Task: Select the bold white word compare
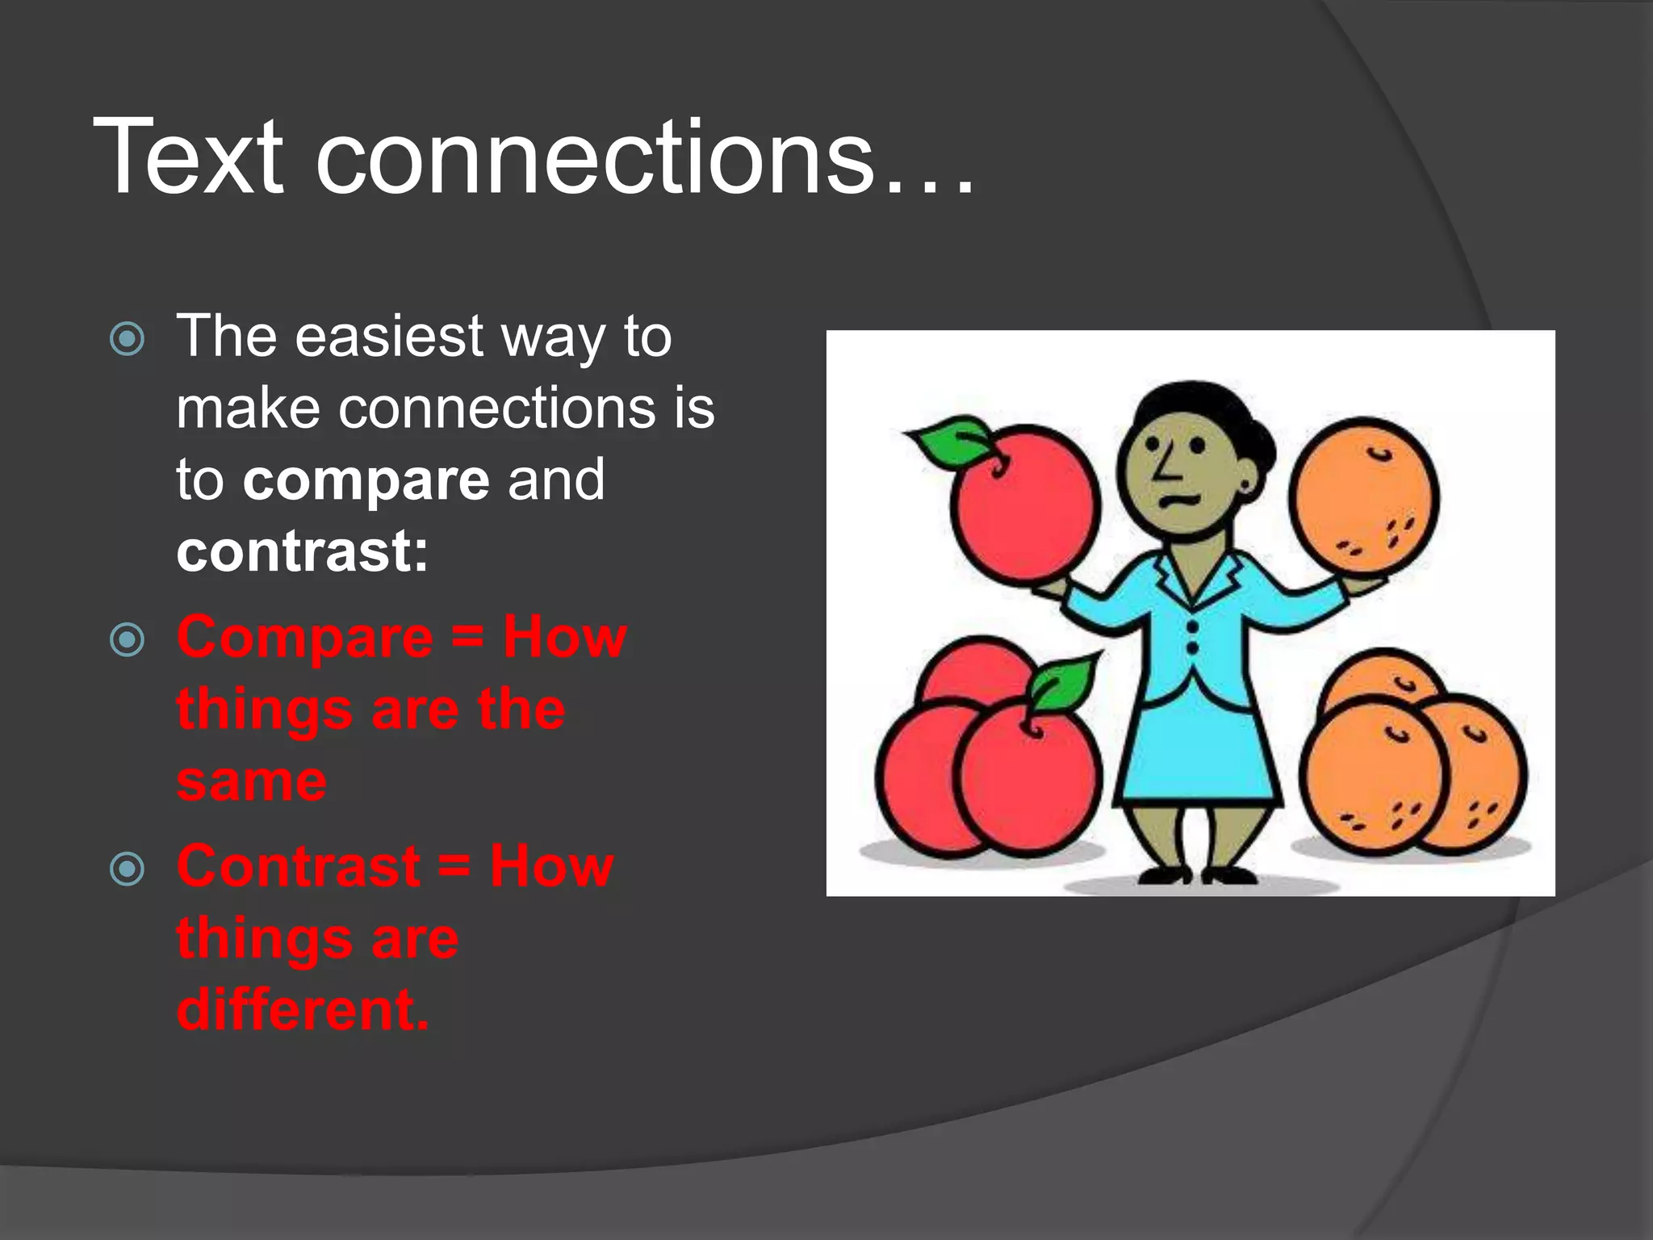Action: (x=366, y=480)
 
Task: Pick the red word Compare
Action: (x=305, y=638)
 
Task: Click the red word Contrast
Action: (x=299, y=866)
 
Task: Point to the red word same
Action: (x=252, y=781)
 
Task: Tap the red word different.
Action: (x=302, y=1010)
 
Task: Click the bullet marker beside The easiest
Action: (x=127, y=338)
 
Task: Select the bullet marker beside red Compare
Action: (x=127, y=640)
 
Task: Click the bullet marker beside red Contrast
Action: (x=127, y=869)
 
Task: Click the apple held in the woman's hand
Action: (x=1025, y=505)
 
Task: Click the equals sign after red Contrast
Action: (x=455, y=866)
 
